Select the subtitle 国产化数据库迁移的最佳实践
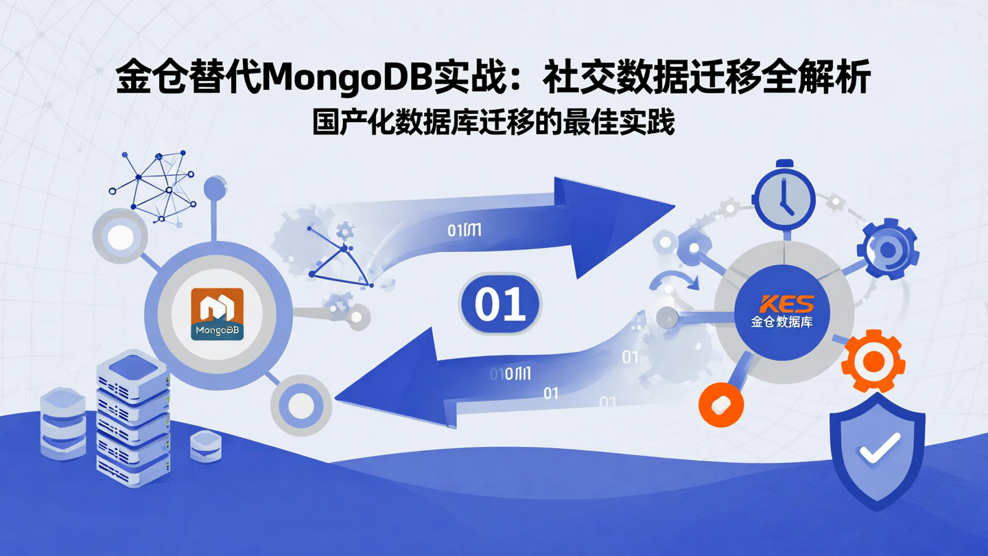[493, 122]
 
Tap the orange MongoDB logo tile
[217, 314]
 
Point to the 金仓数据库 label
[782, 321]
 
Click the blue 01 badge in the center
[500, 304]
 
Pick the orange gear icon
[873, 360]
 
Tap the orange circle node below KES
[721, 404]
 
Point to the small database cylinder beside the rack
[205, 446]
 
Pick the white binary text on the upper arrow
[464, 230]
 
